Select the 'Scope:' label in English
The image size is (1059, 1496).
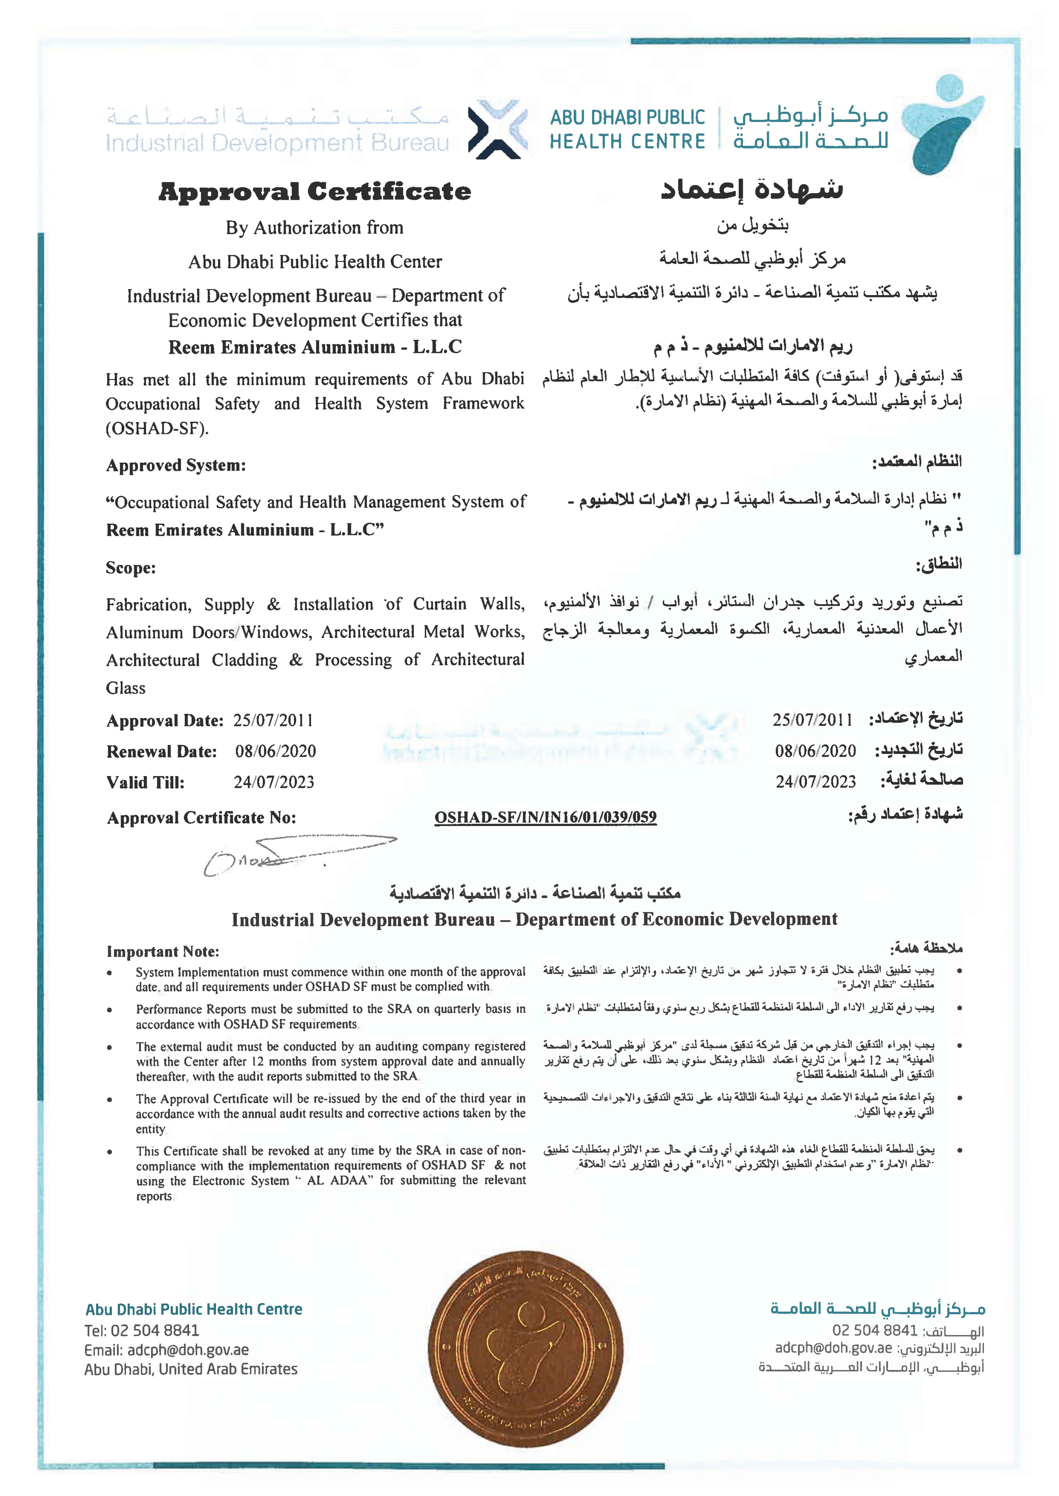130,568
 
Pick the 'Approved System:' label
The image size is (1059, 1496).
176,466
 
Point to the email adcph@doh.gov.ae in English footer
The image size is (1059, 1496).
166,1350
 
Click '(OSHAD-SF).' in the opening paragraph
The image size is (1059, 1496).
157,429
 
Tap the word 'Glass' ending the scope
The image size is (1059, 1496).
126,688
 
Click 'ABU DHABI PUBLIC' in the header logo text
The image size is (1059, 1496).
627,117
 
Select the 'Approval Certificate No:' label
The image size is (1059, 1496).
201,818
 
